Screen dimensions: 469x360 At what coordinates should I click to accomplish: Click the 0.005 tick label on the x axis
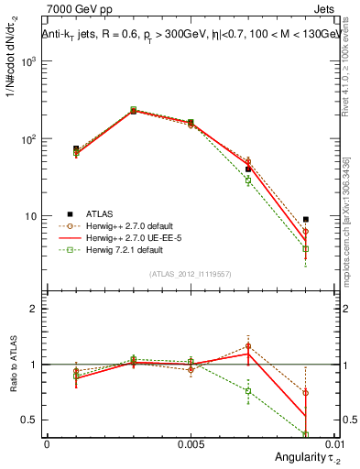coord(190,442)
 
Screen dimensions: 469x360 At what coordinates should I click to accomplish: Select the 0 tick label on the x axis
coord(47,442)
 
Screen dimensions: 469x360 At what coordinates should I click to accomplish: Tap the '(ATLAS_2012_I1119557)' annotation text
coord(191,273)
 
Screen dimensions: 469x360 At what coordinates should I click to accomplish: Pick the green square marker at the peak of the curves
coord(133,110)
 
